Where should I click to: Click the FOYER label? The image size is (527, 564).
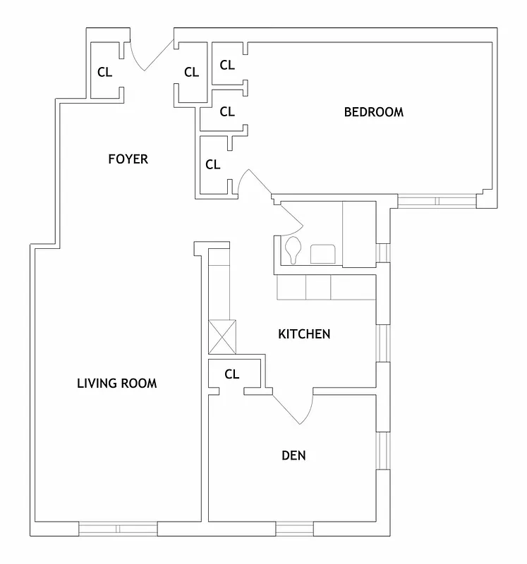click(128, 159)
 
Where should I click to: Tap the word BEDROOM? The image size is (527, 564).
click(373, 111)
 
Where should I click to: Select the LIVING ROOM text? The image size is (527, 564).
click(116, 384)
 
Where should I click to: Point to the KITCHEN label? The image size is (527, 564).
click(304, 333)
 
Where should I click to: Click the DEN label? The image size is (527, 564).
click(293, 455)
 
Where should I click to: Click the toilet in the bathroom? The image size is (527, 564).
click(293, 251)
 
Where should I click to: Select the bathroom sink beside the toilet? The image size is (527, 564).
click(322, 252)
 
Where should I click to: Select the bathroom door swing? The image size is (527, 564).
click(290, 219)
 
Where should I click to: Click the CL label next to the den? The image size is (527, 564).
click(231, 374)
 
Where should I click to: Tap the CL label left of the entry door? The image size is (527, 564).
click(104, 71)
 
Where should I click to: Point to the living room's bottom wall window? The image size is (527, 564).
click(117, 529)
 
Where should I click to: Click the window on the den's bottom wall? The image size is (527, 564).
click(293, 529)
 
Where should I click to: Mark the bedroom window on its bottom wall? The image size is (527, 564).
click(437, 202)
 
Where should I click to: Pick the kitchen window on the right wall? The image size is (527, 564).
click(383, 343)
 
